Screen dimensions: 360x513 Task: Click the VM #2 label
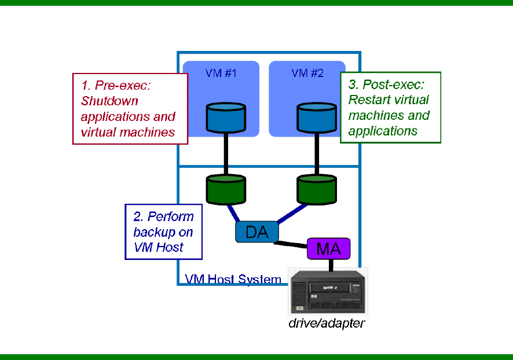click(x=307, y=74)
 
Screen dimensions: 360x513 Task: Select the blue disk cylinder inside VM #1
click(x=225, y=118)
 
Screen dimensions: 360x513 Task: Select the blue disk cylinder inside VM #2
click(x=316, y=118)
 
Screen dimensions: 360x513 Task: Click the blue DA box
click(x=256, y=232)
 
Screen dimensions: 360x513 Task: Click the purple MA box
click(x=329, y=249)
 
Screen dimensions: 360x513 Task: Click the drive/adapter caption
click(x=327, y=323)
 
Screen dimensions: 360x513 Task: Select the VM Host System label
click(x=233, y=280)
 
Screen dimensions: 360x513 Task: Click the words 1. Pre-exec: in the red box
click(x=116, y=86)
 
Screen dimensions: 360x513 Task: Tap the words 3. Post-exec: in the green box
click(x=386, y=85)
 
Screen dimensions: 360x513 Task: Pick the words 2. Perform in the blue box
click(x=164, y=217)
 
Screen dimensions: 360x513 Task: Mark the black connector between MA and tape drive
click(x=331, y=265)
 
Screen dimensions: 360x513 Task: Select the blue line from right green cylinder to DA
click(x=292, y=212)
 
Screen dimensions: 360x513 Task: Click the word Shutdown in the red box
click(x=110, y=101)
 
